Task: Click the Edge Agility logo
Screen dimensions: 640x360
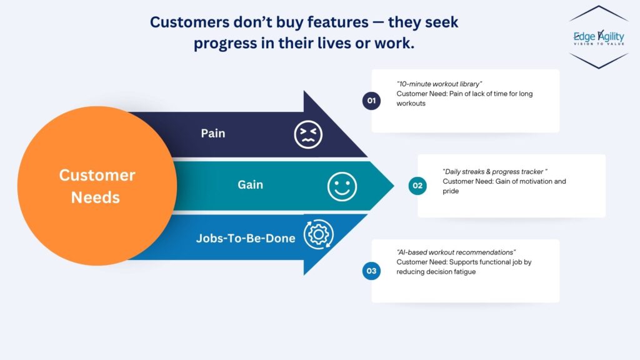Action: tap(599, 37)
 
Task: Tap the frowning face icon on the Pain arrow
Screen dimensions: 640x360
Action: tap(308, 134)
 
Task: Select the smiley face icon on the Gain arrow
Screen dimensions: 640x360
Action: tap(342, 186)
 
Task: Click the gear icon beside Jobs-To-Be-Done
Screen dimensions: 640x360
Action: tap(318, 234)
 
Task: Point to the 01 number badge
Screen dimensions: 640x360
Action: tap(371, 101)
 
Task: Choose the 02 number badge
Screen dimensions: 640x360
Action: tap(417, 186)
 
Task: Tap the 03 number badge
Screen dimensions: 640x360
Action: tap(371, 271)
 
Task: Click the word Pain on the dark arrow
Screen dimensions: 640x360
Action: tap(212, 134)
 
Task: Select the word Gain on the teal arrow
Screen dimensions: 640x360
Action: tap(250, 185)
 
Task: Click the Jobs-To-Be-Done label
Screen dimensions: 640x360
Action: tap(245, 238)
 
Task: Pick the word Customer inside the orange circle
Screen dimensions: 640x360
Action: tap(97, 175)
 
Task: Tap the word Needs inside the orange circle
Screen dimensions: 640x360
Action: tap(96, 197)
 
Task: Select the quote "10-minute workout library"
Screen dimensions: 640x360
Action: tap(439, 84)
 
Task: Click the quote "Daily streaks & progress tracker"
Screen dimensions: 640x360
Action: tap(495, 172)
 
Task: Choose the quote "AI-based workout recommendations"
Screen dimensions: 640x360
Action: tap(456, 252)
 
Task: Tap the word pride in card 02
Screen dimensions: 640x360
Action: tap(451, 191)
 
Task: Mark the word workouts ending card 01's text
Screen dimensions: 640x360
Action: tap(411, 104)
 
